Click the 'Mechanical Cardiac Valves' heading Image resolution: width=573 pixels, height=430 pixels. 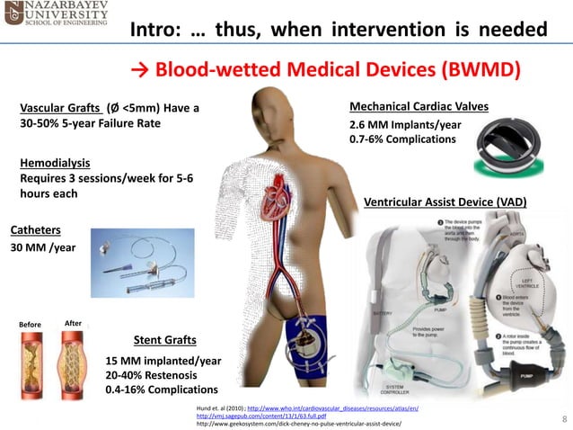pyautogui.click(x=419, y=107)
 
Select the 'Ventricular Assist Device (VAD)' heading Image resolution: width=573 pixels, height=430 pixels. pyautogui.click(x=445, y=202)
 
